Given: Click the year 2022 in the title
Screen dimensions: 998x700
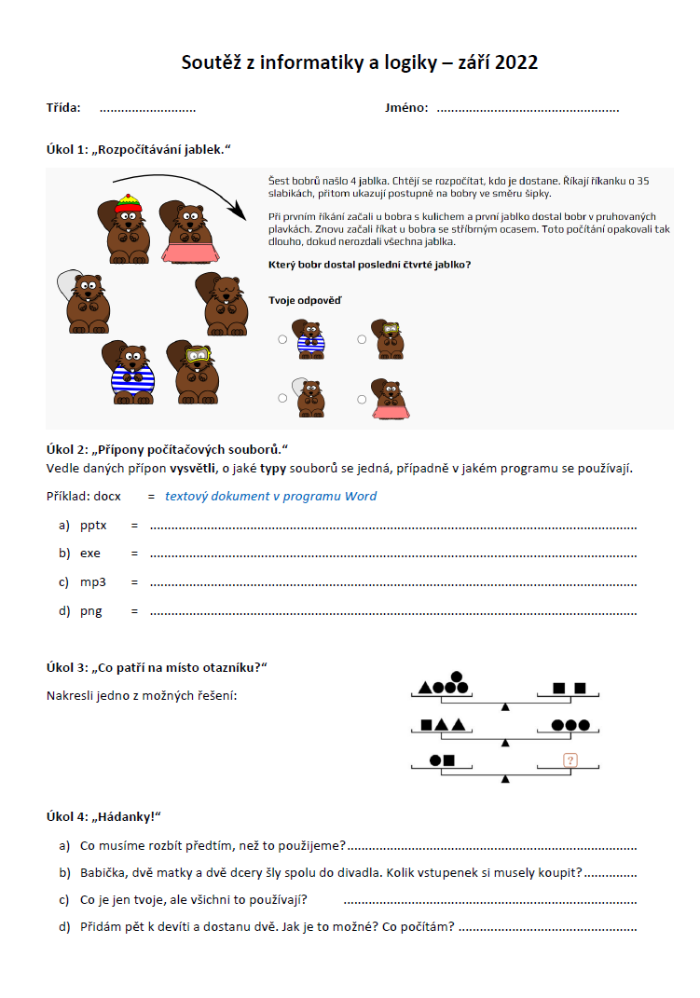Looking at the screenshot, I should point(516,63).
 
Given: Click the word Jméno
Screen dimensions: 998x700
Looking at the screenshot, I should point(406,108).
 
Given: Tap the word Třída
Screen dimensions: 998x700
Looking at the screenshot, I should point(63,108).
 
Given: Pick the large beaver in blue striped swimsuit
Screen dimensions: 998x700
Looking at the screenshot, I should point(131,371).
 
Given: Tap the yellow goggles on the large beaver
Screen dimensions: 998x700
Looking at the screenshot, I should point(197,355).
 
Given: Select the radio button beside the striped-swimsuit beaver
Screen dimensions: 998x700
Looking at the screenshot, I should point(282,339).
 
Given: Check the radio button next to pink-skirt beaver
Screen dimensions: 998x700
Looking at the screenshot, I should point(362,399).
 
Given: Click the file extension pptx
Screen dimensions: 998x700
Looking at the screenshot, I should point(93,526).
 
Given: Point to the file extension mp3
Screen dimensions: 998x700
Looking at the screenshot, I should point(93,582).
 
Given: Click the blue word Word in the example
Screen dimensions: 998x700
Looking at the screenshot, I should point(361,496).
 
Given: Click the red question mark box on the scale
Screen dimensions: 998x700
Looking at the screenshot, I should point(570,760).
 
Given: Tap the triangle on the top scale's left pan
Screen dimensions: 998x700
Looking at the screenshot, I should point(425,689).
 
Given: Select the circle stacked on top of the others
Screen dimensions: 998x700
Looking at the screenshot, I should point(456,677).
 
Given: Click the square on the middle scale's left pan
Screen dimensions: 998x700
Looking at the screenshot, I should point(426,725).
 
